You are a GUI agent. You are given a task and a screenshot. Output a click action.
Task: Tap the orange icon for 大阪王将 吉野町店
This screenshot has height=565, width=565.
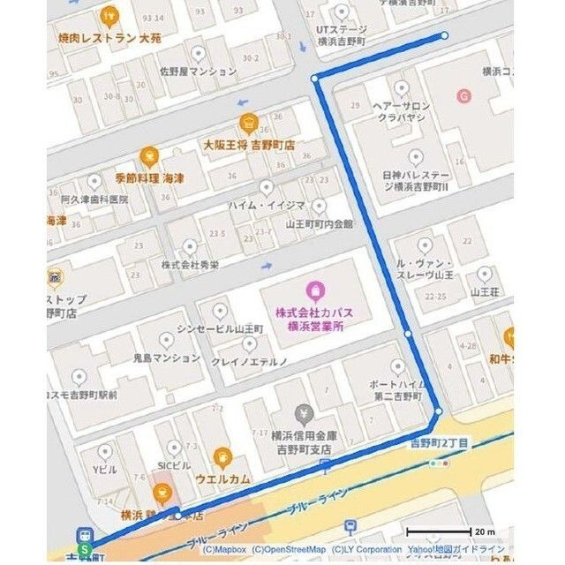(247, 123)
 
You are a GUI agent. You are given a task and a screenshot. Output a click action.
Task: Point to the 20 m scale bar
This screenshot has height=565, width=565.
(438, 531)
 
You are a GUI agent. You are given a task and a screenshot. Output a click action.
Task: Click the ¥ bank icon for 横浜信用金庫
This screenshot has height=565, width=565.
(304, 413)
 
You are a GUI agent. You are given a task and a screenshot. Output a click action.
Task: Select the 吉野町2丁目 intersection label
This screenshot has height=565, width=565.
(439, 441)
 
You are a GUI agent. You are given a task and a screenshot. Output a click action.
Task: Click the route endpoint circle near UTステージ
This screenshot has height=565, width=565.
(444, 36)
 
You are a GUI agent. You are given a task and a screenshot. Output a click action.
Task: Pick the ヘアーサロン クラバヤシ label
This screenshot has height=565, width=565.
(400, 111)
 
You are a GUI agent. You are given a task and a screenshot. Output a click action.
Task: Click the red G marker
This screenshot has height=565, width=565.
(461, 95)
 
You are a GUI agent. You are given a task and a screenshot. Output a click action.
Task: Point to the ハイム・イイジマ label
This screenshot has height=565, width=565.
(267, 206)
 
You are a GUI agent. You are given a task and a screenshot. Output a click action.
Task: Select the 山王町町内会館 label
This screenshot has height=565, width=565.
(319, 224)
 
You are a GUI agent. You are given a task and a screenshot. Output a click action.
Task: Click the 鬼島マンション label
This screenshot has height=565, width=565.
(167, 358)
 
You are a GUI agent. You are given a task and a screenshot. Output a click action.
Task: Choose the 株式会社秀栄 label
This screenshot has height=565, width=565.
(188, 265)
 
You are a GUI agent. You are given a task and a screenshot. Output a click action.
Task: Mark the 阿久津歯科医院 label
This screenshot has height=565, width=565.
(94, 200)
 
